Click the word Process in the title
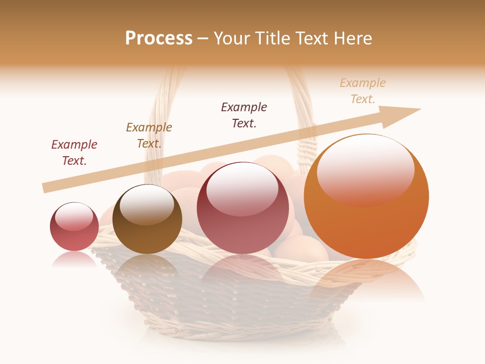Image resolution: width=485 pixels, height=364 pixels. click(159, 38)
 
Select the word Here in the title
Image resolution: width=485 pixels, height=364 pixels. click(353, 38)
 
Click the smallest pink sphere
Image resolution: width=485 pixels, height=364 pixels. click(74, 227)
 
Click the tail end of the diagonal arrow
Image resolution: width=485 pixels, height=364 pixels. click(45, 188)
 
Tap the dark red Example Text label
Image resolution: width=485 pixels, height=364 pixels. click(74, 153)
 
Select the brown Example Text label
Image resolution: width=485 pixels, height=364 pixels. click(149, 135)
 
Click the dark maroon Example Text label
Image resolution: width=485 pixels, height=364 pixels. click(244, 115)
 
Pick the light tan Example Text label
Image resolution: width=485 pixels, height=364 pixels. click(363, 91)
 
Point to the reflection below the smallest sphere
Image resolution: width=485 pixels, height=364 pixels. click(74, 259)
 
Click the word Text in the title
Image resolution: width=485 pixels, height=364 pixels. click(314, 38)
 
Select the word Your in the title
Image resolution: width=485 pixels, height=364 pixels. click(231, 38)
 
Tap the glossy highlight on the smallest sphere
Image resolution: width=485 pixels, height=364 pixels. click(74, 216)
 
